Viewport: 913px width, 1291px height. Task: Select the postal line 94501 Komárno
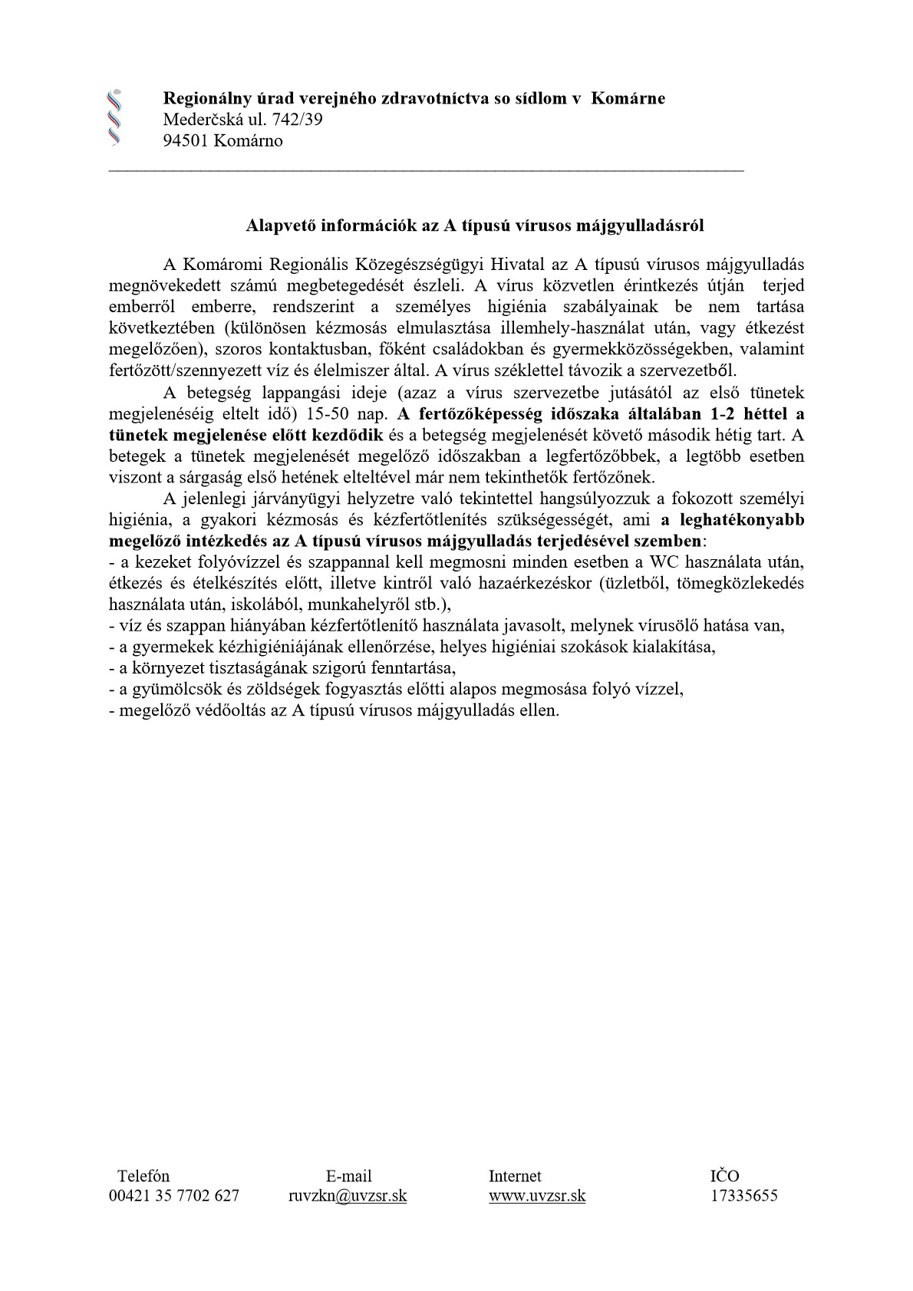(x=222, y=140)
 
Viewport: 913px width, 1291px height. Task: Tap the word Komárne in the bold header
(x=628, y=98)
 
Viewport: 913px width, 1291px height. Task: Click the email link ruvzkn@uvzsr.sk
(x=348, y=1195)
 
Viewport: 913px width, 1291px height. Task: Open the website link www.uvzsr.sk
(x=537, y=1195)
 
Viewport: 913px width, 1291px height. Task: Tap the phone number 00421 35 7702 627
(x=174, y=1195)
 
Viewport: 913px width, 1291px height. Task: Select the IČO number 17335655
(x=743, y=1195)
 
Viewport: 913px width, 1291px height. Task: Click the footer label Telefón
(x=143, y=1176)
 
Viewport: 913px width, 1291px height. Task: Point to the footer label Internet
(x=515, y=1176)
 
